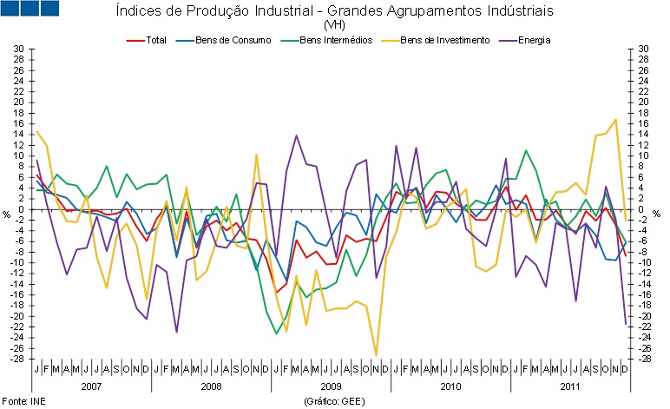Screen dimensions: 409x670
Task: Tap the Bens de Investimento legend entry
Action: click(x=443, y=39)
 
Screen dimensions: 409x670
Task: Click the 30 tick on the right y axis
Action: click(x=643, y=49)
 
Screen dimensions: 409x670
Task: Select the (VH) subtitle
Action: click(x=334, y=25)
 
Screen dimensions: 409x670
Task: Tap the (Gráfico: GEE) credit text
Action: click(x=332, y=401)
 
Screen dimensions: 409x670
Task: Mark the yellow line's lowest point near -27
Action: click(x=376, y=354)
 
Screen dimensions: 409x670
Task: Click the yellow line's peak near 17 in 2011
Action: click(x=615, y=119)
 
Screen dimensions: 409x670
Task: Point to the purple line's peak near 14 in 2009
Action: click(x=297, y=135)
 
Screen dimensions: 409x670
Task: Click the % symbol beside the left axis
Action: click(x=7, y=213)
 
